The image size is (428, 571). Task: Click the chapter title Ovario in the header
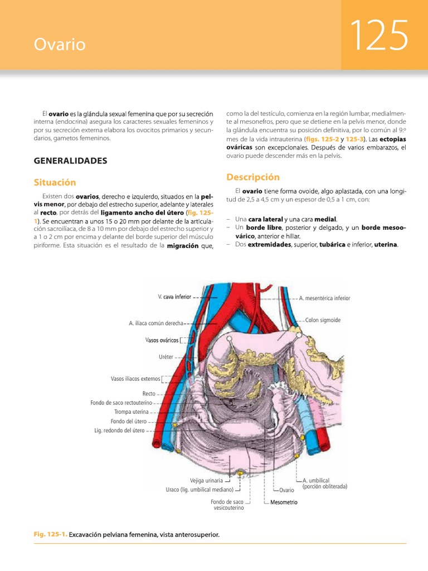(60, 45)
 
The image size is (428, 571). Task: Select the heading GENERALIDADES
(70, 161)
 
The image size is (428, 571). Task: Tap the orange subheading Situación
(55, 182)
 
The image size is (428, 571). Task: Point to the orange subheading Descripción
(252, 177)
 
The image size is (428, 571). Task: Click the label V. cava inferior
(174, 297)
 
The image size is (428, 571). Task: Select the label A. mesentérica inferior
(324, 298)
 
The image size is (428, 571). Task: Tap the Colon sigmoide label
(323, 320)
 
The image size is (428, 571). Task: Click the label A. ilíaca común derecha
(155, 323)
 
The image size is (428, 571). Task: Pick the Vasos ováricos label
(162, 340)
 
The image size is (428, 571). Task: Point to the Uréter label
(166, 356)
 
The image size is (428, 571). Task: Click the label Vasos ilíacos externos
(135, 379)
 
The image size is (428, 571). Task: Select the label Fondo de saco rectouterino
(121, 403)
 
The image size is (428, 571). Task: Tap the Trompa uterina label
(132, 412)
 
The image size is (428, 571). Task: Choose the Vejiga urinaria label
(206, 480)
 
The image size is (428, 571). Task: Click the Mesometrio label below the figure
(284, 502)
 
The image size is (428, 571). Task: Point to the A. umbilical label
(316, 480)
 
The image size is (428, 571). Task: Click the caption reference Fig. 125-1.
(50, 535)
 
